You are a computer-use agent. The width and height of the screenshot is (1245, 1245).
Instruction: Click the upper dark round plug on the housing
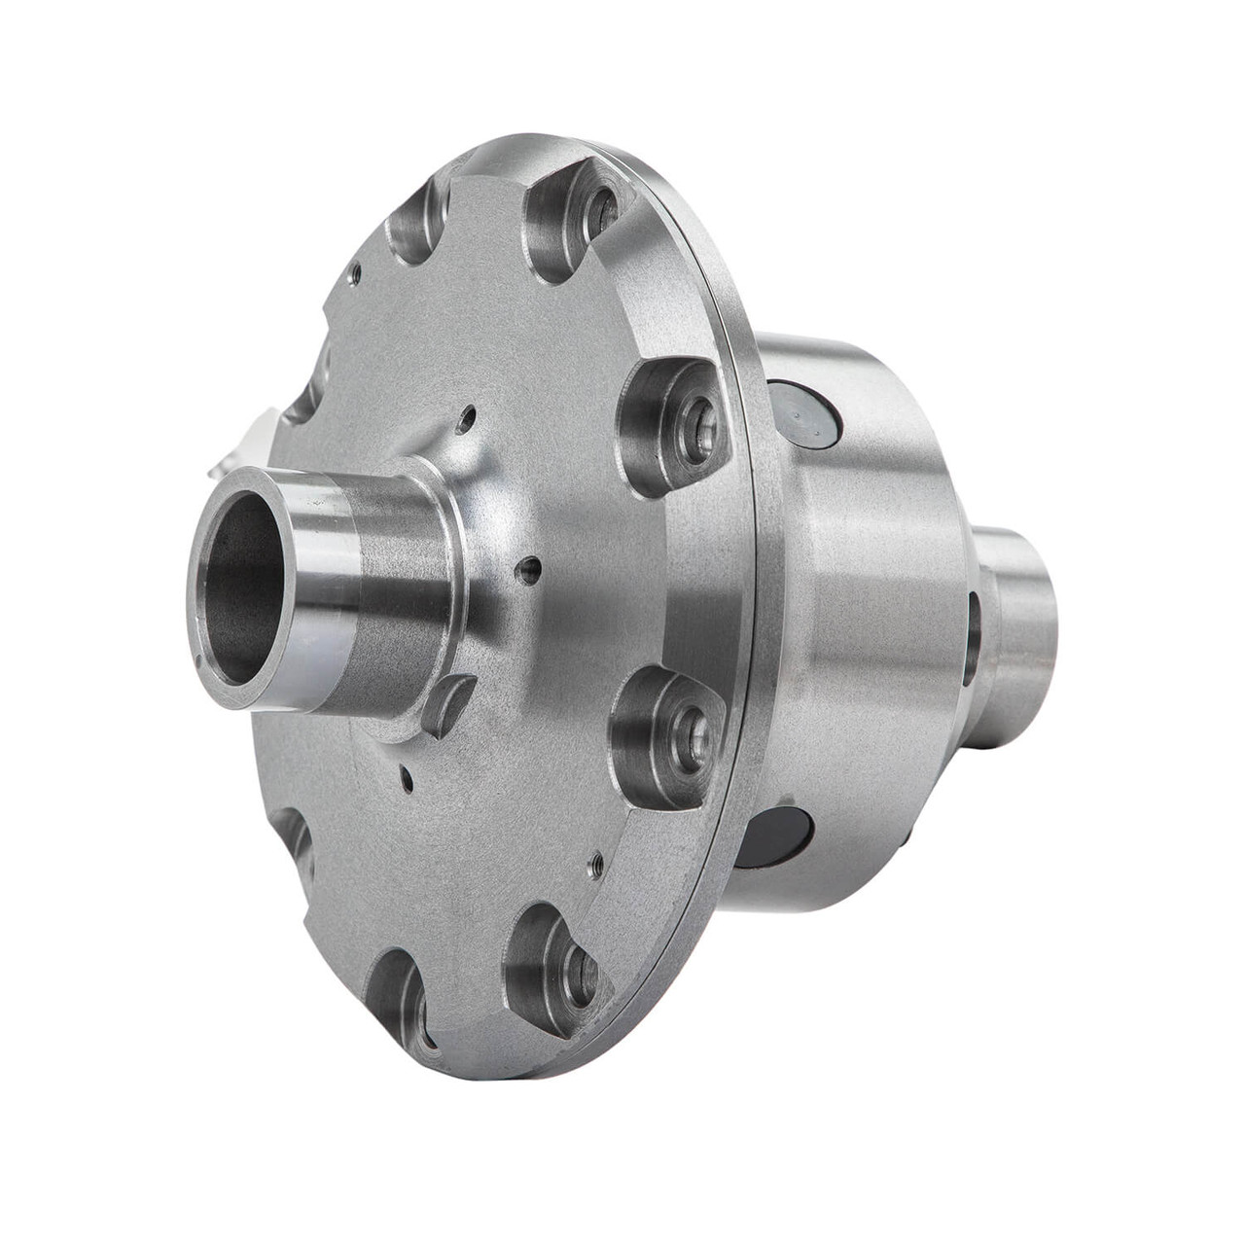(x=803, y=417)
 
